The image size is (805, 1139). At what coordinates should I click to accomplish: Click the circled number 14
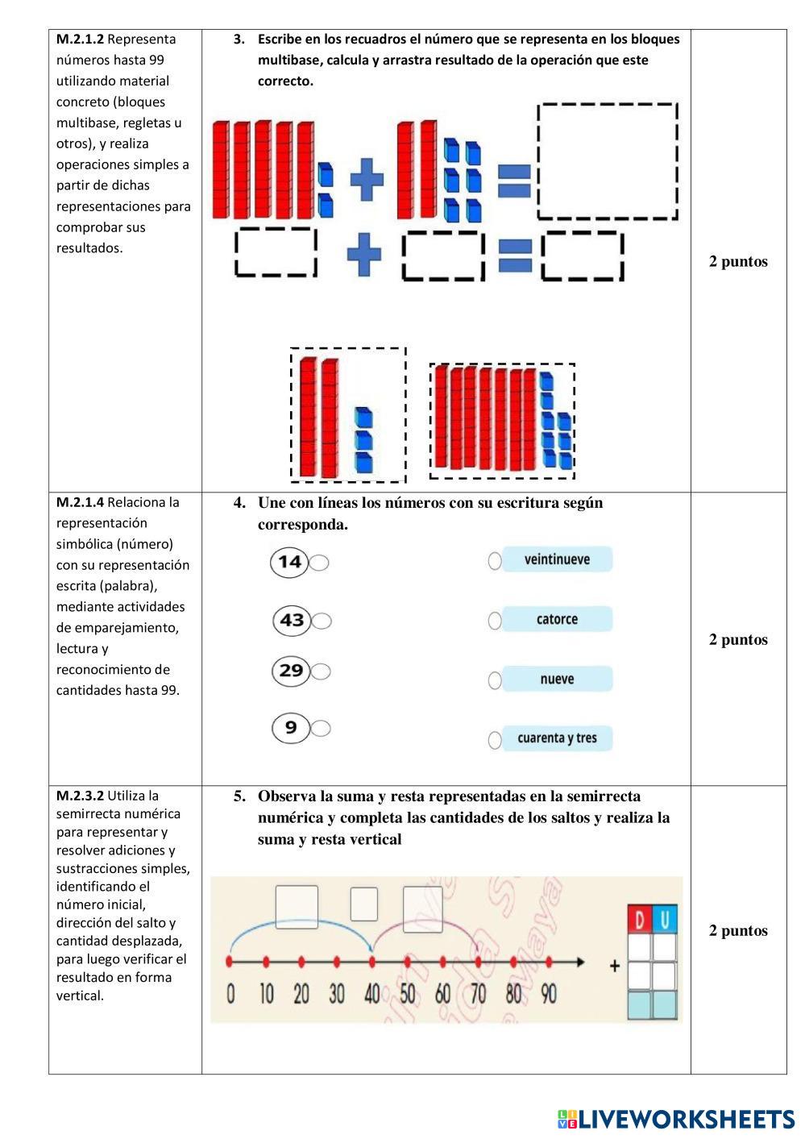point(289,562)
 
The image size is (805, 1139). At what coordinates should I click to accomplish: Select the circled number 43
point(292,620)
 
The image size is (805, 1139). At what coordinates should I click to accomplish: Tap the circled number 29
point(291,671)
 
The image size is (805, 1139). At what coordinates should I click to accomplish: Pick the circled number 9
point(291,728)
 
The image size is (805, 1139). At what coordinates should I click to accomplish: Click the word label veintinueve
point(557,559)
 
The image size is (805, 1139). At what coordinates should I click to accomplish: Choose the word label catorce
point(557,619)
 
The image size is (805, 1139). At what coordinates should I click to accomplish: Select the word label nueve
point(557,679)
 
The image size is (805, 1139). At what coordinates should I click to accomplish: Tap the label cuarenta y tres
point(557,738)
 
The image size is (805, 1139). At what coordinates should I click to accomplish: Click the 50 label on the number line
point(408,994)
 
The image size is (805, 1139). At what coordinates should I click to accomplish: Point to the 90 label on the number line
point(549,994)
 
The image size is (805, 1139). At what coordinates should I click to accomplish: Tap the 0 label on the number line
point(230,994)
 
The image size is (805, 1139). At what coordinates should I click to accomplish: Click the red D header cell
point(640,920)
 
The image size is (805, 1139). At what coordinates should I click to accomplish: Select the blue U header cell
point(665,920)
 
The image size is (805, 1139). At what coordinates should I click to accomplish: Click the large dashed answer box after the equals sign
point(608,161)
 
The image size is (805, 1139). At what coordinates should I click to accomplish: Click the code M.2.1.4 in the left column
point(80,502)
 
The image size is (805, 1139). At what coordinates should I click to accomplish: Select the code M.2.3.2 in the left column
point(80,796)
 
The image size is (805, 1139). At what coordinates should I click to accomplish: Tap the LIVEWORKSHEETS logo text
point(686,1119)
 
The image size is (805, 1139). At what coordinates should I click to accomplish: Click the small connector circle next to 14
point(320,563)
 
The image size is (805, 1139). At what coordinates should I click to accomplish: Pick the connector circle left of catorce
point(495,620)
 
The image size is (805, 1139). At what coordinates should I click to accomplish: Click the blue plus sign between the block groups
point(367,179)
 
